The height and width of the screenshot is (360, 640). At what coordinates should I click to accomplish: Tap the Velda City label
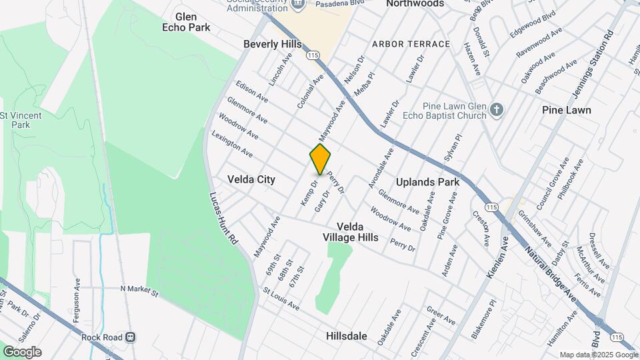251,179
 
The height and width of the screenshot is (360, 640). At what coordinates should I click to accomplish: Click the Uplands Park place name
428,182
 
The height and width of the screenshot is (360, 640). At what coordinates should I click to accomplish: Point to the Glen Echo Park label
186,22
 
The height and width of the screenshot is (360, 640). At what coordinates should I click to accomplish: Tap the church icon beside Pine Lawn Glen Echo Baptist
496,109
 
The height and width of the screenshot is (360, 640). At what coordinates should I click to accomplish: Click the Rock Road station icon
131,337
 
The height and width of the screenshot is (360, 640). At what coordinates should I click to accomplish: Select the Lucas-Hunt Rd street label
223,217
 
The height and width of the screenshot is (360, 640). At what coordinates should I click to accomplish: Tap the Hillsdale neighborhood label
347,336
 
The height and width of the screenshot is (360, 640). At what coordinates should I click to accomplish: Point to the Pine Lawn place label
566,110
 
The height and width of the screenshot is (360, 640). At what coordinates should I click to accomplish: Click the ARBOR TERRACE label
411,44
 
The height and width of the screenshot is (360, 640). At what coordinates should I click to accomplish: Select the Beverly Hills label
272,44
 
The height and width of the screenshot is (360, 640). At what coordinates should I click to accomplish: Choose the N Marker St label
139,290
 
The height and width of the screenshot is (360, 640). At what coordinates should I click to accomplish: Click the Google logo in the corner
22,352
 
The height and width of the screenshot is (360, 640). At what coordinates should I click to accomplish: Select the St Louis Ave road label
281,299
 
